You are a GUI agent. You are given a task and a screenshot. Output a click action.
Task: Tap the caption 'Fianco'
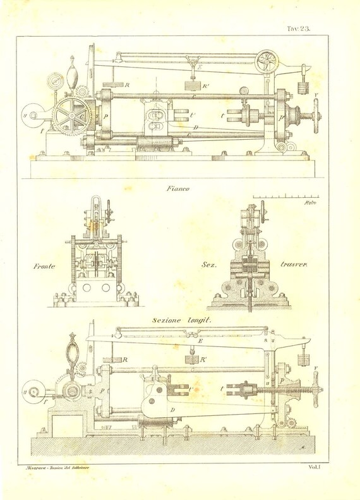coord(179,188)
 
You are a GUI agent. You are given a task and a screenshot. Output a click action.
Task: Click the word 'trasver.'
coord(293,267)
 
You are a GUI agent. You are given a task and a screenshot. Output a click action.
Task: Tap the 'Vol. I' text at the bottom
coord(316,467)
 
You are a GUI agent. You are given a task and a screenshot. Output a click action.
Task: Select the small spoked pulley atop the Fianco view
coord(267,61)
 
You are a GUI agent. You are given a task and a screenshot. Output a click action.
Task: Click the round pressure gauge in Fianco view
coord(54,83)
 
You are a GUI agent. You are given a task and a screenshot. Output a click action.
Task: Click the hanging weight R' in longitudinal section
coord(190,359)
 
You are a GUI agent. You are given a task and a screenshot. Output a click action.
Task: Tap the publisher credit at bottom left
coord(56,467)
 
